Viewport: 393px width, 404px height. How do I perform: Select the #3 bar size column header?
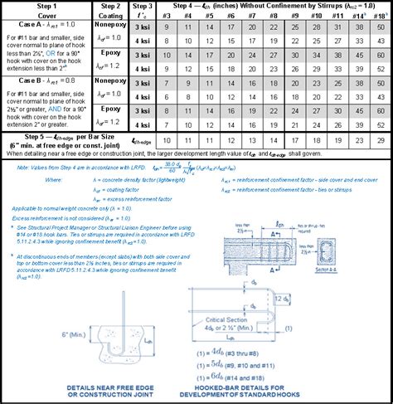tap(167, 16)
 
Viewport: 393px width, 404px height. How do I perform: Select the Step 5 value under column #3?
tap(167, 141)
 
